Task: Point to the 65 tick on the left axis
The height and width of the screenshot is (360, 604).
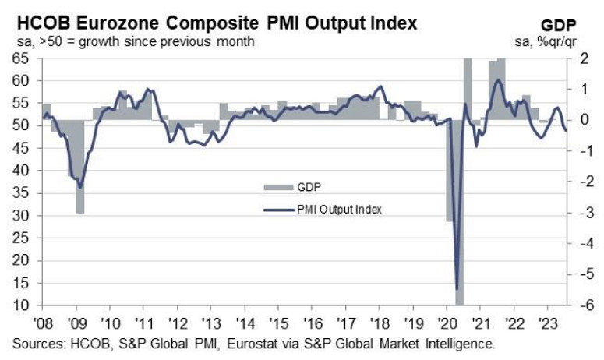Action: tap(23, 58)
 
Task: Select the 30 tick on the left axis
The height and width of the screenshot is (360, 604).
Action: tap(23, 215)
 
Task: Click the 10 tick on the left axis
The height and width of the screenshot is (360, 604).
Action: tap(23, 305)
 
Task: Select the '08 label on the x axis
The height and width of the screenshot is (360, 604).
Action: tap(44, 319)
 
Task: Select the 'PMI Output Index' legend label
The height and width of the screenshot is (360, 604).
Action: tap(341, 209)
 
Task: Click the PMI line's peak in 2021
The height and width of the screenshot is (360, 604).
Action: tap(498, 80)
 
